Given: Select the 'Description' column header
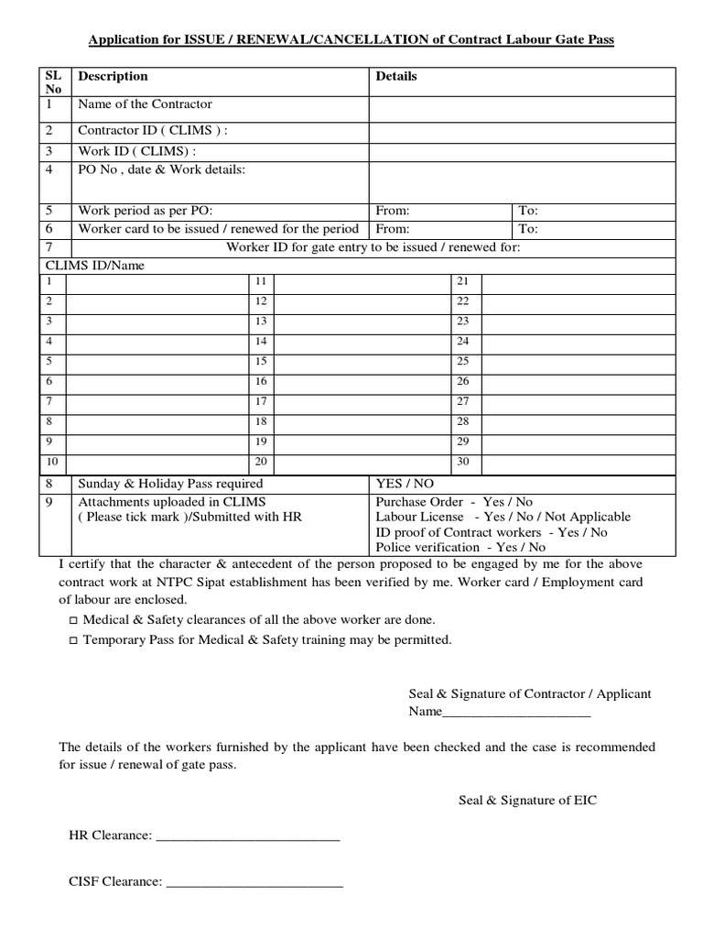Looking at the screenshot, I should tap(113, 76).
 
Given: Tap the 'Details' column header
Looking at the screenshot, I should tap(396, 76).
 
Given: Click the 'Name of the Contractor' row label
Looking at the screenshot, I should tap(145, 104).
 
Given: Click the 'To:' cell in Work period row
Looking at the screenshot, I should tap(529, 210).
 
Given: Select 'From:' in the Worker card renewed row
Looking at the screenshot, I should tap(393, 229).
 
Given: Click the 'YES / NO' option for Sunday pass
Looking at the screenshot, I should tap(406, 483).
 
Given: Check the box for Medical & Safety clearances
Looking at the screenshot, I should tap(73, 621).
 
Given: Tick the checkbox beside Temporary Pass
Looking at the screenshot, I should tap(73, 641).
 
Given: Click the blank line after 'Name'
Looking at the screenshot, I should tap(516, 713).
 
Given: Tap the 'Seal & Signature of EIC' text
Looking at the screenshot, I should tap(527, 800).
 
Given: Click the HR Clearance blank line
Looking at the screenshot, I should tap(248, 835).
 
